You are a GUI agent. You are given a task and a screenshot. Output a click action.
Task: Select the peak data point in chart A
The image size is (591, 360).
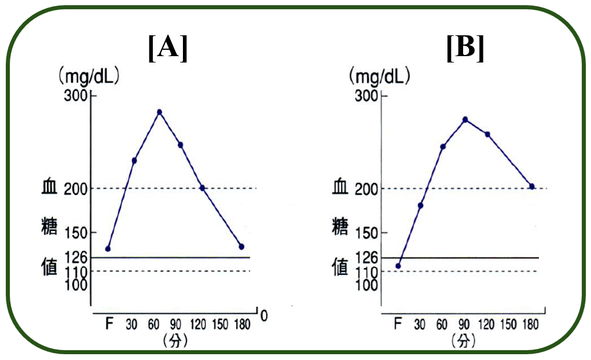coord(159,112)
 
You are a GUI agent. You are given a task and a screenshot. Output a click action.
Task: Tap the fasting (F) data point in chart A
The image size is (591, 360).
coord(108,249)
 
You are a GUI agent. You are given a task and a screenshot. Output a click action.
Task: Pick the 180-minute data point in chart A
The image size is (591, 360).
coord(241,247)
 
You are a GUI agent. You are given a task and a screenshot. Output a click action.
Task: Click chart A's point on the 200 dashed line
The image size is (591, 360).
coord(202,188)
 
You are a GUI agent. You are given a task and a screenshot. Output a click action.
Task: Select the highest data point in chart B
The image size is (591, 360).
coord(465,119)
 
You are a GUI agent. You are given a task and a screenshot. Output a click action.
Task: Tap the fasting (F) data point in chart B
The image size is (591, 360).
coord(398,266)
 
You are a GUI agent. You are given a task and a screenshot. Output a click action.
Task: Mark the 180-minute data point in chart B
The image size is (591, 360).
coord(531,186)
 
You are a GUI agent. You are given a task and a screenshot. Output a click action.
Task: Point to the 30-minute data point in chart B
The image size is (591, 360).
coord(421,205)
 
